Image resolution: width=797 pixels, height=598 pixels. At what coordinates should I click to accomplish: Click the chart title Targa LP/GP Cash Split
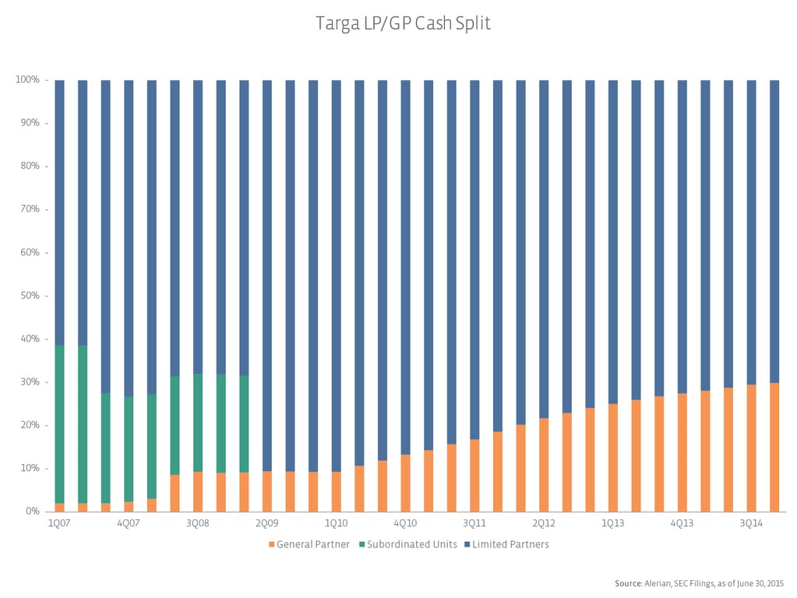click(403, 23)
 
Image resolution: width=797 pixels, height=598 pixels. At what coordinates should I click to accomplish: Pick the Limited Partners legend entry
click(510, 544)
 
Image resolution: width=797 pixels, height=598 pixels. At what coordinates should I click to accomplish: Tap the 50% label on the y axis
click(29, 296)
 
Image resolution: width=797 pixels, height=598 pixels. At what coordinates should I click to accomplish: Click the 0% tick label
click(31, 512)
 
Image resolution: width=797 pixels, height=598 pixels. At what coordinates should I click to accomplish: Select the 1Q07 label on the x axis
click(59, 523)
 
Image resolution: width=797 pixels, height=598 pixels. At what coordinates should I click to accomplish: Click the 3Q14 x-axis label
click(751, 523)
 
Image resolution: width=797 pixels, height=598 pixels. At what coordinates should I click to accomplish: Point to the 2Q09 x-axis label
click(266, 523)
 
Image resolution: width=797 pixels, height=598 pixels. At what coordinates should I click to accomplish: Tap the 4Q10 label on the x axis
click(405, 523)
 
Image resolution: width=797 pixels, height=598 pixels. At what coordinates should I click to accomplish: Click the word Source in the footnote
click(627, 583)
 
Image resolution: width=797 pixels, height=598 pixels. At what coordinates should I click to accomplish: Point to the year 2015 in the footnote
click(773, 583)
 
